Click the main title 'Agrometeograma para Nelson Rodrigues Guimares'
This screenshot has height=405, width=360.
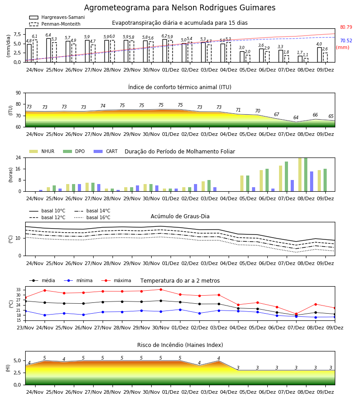(180, 8)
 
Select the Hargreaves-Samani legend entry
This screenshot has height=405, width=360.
(57, 17)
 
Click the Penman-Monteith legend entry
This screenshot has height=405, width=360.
(55, 24)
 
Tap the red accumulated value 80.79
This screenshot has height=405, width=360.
(346, 27)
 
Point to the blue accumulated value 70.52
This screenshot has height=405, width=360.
(346, 40)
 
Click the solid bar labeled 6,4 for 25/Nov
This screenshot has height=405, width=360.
(49, 50)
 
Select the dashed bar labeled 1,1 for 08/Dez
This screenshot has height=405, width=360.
(306, 60)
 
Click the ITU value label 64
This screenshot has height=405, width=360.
(296, 117)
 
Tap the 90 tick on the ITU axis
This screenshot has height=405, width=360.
(18, 93)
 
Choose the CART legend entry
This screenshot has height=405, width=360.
(106, 151)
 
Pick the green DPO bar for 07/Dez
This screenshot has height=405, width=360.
(286, 176)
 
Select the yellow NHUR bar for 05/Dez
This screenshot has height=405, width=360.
(242, 184)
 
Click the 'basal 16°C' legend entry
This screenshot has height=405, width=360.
(92, 217)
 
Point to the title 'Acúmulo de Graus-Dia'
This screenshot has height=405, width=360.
(180, 216)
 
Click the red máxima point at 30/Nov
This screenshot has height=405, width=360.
(161, 289)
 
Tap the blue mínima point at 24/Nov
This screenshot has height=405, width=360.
(45, 315)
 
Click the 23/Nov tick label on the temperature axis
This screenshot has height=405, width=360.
(25, 328)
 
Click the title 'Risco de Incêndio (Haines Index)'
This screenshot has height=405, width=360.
(180, 345)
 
